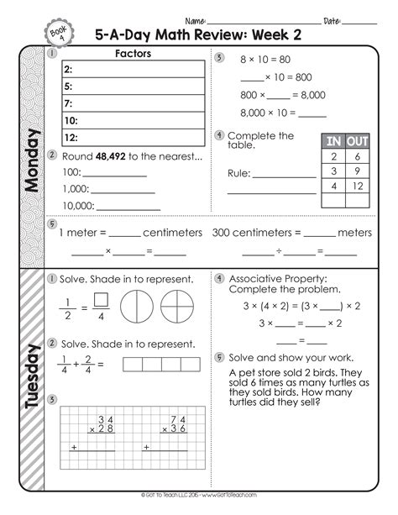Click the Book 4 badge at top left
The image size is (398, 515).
56,31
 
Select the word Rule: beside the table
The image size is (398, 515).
240,174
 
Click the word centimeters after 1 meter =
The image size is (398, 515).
173,232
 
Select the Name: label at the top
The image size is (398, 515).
196,20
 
